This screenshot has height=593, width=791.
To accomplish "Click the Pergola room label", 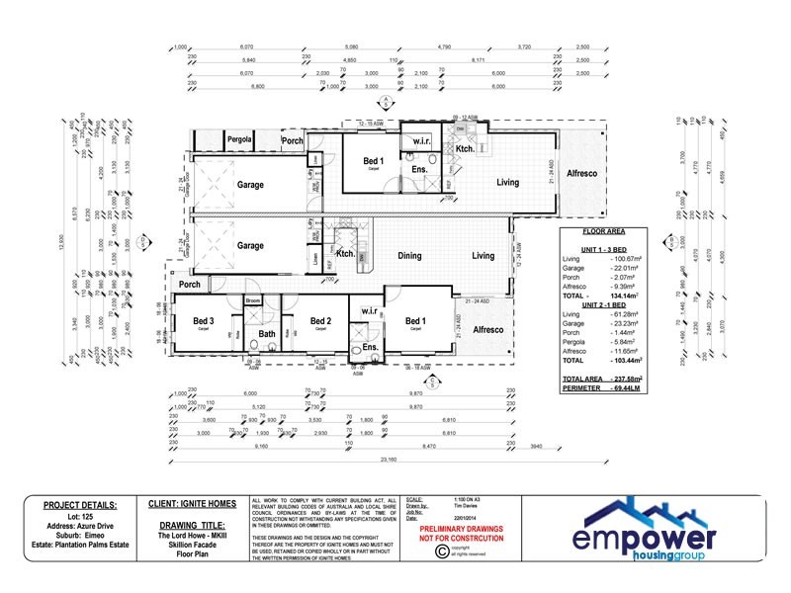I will (x=241, y=140).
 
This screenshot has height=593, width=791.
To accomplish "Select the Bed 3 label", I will (x=204, y=320).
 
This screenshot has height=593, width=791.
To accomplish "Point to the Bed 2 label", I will (x=320, y=320).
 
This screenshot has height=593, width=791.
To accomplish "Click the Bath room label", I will (x=267, y=334).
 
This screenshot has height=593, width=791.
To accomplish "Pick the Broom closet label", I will (x=253, y=299).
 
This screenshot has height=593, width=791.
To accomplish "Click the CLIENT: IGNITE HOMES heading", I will (x=192, y=503).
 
